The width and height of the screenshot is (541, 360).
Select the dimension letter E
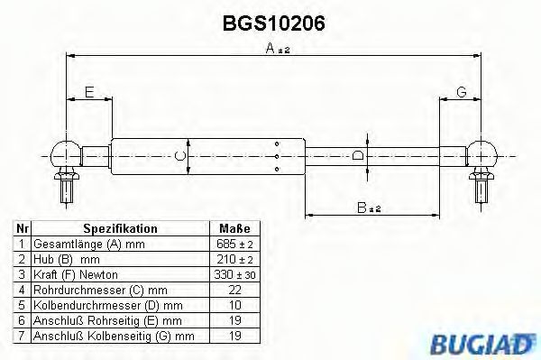[x=88, y=92]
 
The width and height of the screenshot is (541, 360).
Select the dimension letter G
[x=461, y=92]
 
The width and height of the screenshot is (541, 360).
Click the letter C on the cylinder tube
[x=179, y=157]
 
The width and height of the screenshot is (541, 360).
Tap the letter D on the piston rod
[x=358, y=155]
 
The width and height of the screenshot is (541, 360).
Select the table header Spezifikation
[x=120, y=229]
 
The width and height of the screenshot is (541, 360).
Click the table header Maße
[x=234, y=229]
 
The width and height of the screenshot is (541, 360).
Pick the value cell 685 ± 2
[x=234, y=245]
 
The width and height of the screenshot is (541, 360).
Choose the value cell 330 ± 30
[x=234, y=274]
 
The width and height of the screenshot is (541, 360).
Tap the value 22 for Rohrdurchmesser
[x=234, y=290]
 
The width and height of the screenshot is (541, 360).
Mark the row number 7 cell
[x=20, y=336]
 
